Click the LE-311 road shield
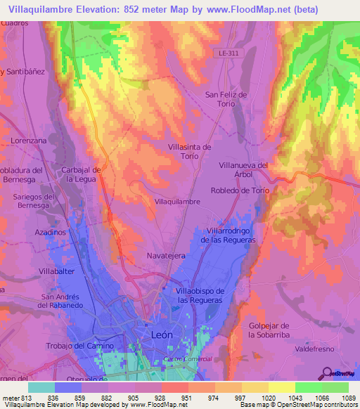224,53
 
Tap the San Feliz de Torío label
226,99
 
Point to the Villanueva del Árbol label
244,170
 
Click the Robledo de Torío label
240,190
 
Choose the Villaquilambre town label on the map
177,201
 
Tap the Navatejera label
166,257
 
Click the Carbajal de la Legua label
83,174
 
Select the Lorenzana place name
28,141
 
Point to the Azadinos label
50,231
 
